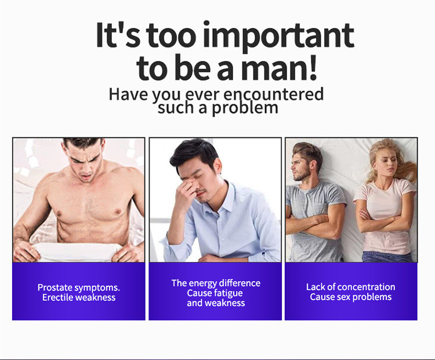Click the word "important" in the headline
pos(278,36)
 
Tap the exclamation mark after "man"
pos(313,67)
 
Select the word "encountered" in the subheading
pos(273,94)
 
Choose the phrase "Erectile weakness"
pos(79,297)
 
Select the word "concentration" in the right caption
pos(367,287)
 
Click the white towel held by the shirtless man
pos(78,251)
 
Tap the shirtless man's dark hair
pos(83,143)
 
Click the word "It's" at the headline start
pos(118,35)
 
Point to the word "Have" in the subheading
pos(128,94)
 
